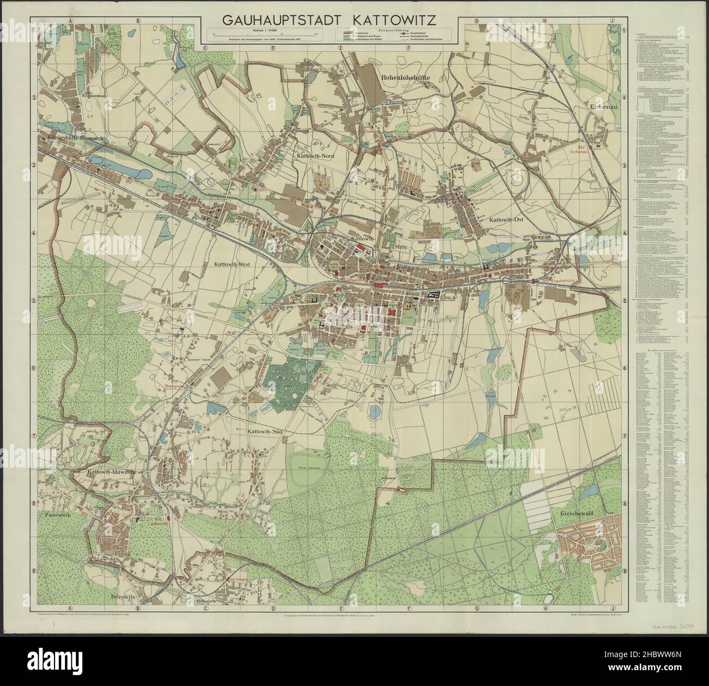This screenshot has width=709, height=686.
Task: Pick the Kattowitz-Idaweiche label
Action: click(112, 471)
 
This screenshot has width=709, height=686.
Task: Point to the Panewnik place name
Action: click(55, 514)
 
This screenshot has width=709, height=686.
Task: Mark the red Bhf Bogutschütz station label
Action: click(555, 281)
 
